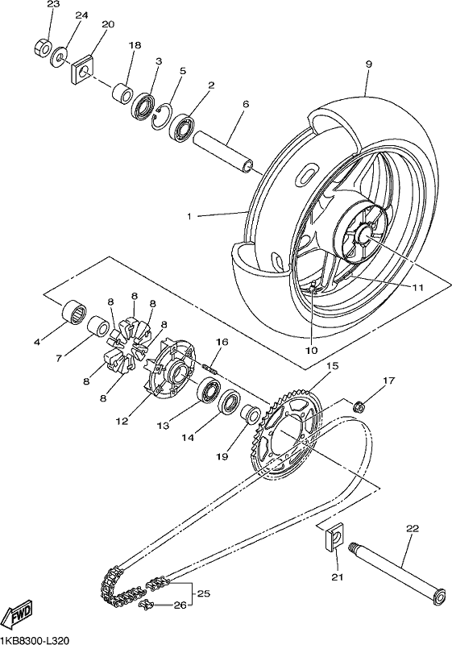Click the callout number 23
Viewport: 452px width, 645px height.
[x=53, y=5]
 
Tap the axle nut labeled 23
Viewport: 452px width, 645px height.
[x=42, y=48]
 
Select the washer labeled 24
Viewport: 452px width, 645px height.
[x=60, y=56]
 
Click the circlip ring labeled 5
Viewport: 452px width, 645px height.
[x=161, y=117]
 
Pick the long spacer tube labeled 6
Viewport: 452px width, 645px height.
[x=221, y=152]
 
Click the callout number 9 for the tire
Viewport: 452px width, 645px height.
[x=368, y=64]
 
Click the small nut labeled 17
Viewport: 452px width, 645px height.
[x=359, y=406]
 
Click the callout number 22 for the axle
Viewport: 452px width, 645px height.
[x=413, y=528]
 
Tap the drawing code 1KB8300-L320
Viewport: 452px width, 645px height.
[x=35, y=639]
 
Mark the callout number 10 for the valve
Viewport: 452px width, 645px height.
[x=312, y=350]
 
